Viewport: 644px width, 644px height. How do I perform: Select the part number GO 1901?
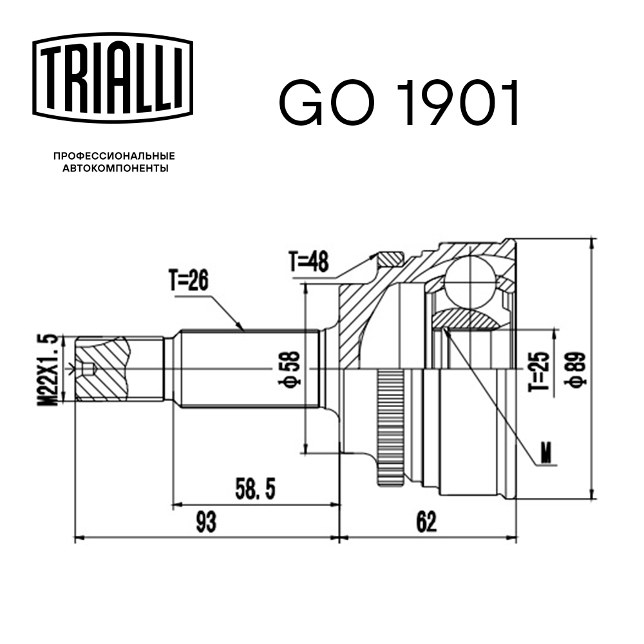pyautogui.click(x=399, y=103)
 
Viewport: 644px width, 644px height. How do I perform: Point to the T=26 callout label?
pyautogui.click(x=190, y=281)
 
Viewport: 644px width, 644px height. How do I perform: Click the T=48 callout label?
pyautogui.click(x=308, y=261)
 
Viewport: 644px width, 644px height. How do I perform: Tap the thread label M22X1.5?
pyautogui.click(x=50, y=369)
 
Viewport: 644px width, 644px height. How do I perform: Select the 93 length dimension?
pyautogui.click(x=206, y=522)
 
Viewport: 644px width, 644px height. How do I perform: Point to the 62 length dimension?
pyautogui.click(x=426, y=522)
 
